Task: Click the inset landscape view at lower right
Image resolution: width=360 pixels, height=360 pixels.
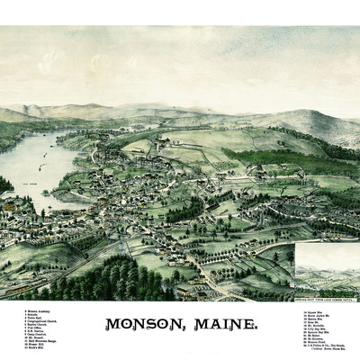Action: pyautogui.click(x=327, y=266)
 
